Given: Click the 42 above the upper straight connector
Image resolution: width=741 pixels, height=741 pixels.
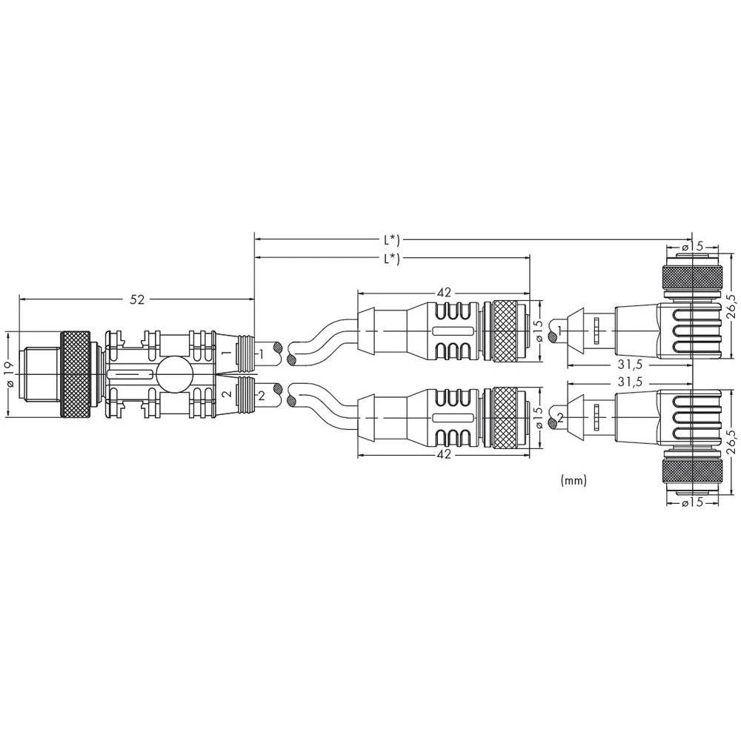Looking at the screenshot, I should click(443, 293).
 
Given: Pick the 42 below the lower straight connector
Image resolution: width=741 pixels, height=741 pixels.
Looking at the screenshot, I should click(443, 455).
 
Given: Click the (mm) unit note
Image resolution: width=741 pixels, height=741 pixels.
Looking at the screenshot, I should click(574, 480).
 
